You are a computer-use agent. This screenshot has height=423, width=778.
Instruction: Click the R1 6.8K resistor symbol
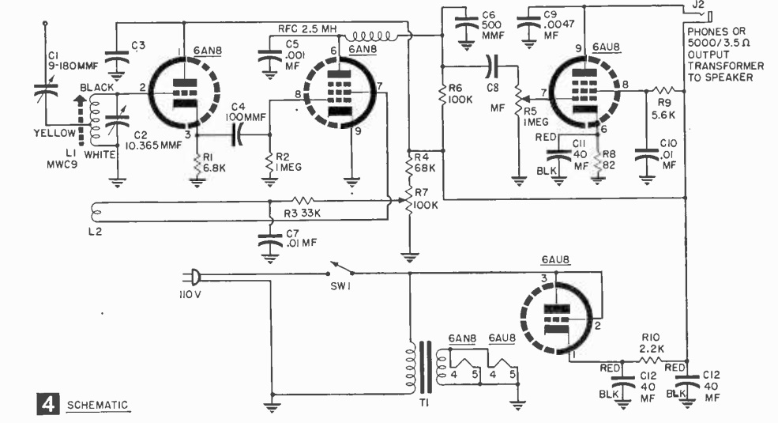click(x=197, y=164)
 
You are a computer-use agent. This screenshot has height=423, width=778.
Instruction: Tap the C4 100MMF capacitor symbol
click(x=238, y=134)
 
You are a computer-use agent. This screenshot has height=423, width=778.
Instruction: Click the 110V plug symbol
click(x=194, y=277)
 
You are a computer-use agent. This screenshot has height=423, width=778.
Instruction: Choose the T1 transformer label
click(x=423, y=403)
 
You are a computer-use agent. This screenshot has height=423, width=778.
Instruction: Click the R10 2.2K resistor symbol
click(x=651, y=361)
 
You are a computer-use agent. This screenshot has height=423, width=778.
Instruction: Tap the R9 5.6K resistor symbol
click(x=664, y=91)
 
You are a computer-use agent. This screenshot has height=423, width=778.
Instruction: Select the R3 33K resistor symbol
click(x=303, y=201)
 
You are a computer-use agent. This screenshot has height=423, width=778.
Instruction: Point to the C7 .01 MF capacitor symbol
click(x=270, y=242)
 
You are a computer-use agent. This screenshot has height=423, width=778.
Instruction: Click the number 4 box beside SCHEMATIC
click(x=48, y=404)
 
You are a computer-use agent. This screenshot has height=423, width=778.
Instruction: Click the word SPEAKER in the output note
click(x=732, y=77)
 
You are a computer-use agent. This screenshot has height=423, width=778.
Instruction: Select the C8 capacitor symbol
click(x=492, y=66)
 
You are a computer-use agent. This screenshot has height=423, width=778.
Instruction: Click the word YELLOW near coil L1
click(x=54, y=133)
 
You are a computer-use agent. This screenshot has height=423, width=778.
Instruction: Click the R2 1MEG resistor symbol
click(x=270, y=162)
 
